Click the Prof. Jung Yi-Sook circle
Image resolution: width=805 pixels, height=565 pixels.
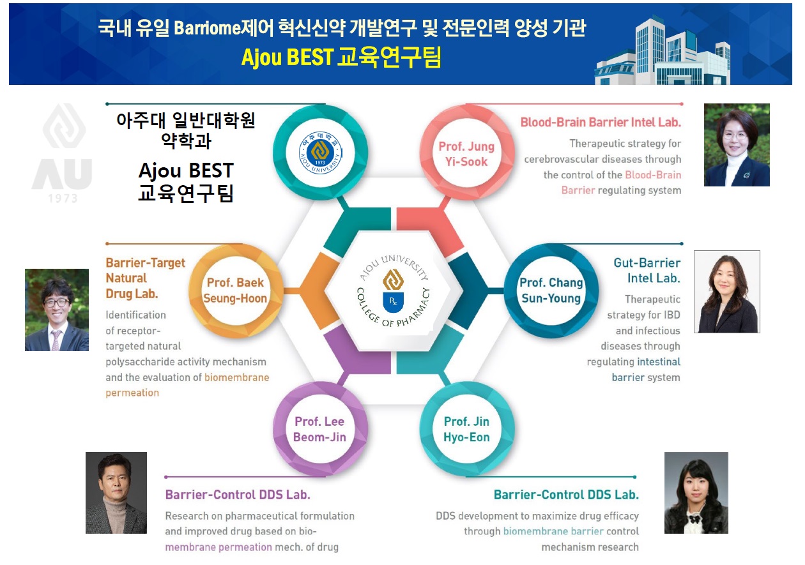pyautogui.click(x=467, y=153)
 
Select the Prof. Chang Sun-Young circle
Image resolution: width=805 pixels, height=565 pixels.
pyautogui.click(x=551, y=290)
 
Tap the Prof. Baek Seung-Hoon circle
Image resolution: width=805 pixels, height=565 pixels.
pyautogui.click(x=236, y=290)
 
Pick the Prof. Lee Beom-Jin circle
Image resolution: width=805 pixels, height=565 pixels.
pyautogui.click(x=320, y=429)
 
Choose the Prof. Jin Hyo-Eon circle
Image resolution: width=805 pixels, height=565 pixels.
pyautogui.click(x=467, y=429)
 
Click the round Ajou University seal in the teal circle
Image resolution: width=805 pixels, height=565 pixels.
pyautogui.click(x=320, y=153)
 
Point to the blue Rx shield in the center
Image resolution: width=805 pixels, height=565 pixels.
pyautogui.click(x=393, y=302)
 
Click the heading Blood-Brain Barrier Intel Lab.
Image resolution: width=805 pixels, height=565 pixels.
pyautogui.click(x=601, y=123)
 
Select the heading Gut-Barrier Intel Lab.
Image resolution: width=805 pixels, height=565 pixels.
pyautogui.click(x=647, y=271)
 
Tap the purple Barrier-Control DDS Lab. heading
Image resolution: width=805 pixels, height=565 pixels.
pyautogui.click(x=238, y=495)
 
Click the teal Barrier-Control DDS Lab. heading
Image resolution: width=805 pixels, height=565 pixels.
pyautogui.click(x=566, y=495)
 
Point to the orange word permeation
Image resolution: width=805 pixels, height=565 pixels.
pyautogui.click(x=132, y=393)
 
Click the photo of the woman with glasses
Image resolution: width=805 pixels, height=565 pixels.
pyautogui.click(x=737, y=145)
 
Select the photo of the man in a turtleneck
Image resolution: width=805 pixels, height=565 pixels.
pyautogui.click(x=116, y=492)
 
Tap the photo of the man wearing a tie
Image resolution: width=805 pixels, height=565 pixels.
pyautogui.click(x=57, y=310)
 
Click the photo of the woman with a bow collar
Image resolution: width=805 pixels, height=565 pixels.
pyautogui.click(x=696, y=492)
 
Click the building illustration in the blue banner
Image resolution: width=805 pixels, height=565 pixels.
pyautogui.click(x=663, y=50)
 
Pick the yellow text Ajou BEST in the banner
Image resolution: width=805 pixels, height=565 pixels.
pyautogui.click(x=287, y=57)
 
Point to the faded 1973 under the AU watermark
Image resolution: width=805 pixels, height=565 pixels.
pyautogui.click(x=63, y=199)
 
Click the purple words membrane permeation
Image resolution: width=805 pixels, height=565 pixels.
pyautogui.click(x=218, y=547)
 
